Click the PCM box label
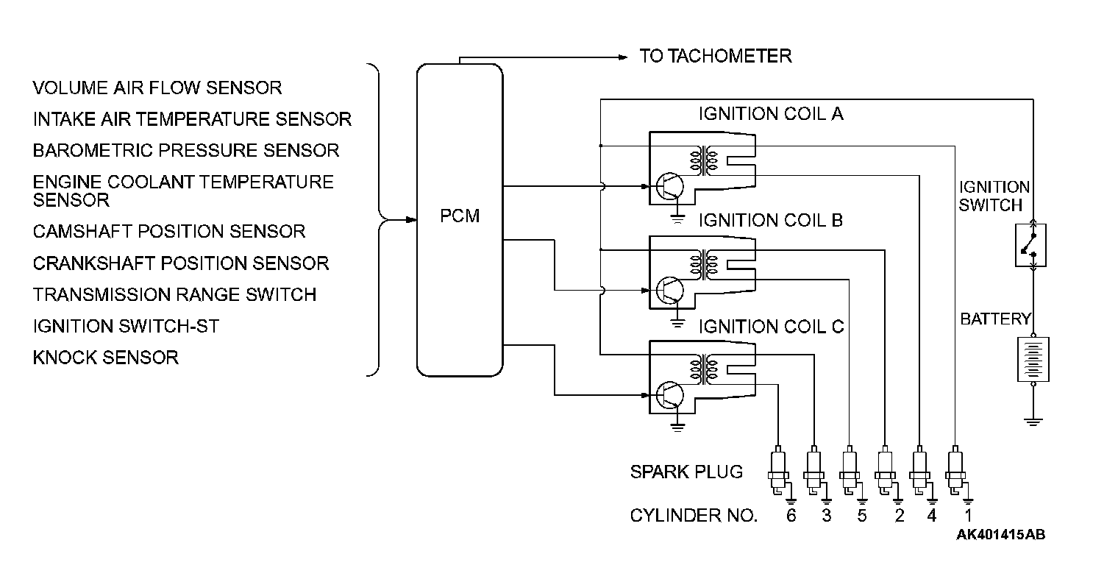(460, 217)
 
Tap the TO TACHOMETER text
(715, 56)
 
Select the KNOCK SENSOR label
(105, 358)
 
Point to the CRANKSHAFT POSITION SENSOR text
(180, 263)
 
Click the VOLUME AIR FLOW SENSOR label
(157, 88)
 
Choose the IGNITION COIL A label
(771, 114)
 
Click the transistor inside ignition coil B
(670, 291)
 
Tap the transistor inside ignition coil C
(670, 395)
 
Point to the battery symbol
(1033, 359)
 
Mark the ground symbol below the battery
(1033, 421)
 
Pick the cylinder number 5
(861, 516)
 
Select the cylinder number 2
(898, 516)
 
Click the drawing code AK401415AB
(1000, 535)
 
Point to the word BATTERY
(995, 319)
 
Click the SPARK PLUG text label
(686, 472)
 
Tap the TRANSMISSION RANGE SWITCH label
(174, 295)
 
